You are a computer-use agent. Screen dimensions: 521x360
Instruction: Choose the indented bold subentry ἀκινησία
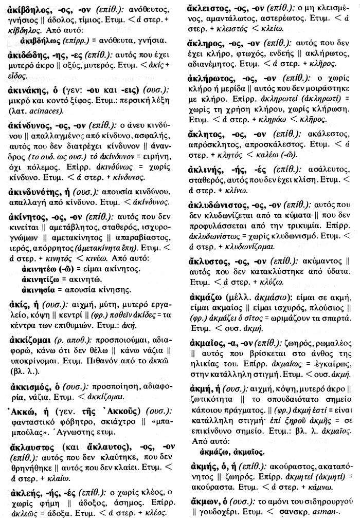(43, 290)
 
